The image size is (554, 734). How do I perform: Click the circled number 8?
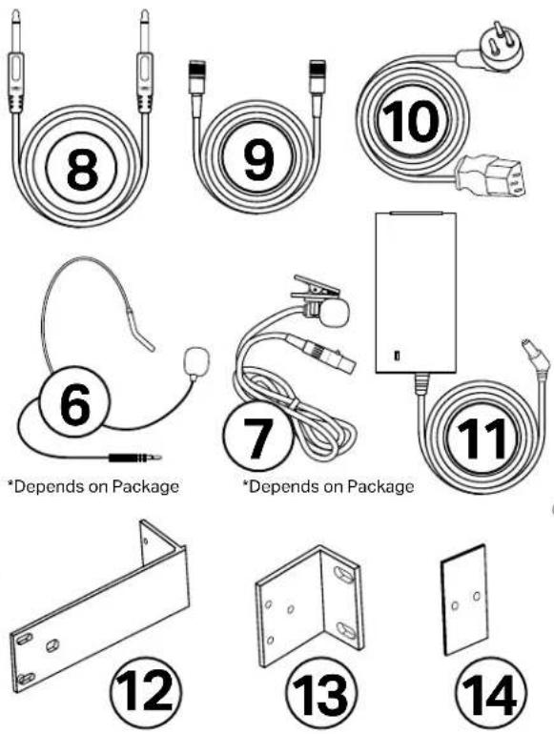[81, 169]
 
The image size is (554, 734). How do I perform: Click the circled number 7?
[257, 437]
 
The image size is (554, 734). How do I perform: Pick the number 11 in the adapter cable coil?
[482, 438]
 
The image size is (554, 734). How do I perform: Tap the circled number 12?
[145, 692]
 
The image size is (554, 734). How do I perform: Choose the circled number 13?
[321, 695]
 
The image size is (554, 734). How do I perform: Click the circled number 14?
[491, 694]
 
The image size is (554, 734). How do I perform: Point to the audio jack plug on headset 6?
[135, 458]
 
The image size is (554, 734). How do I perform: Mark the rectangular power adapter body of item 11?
[416, 293]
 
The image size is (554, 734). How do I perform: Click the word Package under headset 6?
[145, 487]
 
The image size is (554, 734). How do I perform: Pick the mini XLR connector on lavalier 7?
[322, 354]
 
